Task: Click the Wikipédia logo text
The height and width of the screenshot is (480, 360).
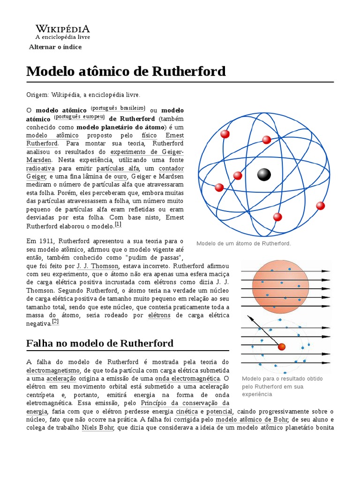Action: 63,29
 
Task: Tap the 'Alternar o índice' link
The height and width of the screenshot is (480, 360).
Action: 55,47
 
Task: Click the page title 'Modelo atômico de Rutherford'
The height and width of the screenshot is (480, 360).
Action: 126,71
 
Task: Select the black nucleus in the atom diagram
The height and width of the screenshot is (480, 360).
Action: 264,175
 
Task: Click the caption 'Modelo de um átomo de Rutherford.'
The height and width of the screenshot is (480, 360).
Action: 244,243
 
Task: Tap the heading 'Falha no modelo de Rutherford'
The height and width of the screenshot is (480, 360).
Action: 100,343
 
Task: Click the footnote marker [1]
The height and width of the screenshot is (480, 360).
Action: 118,225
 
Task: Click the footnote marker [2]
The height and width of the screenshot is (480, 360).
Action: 55,322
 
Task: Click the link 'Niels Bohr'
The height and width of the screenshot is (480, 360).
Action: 97,428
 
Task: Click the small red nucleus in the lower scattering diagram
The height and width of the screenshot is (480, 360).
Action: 281,347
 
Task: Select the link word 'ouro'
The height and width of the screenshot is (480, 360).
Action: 120,176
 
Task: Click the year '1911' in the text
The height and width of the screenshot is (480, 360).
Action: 44,241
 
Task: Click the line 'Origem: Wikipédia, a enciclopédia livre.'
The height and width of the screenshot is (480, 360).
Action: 83,95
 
